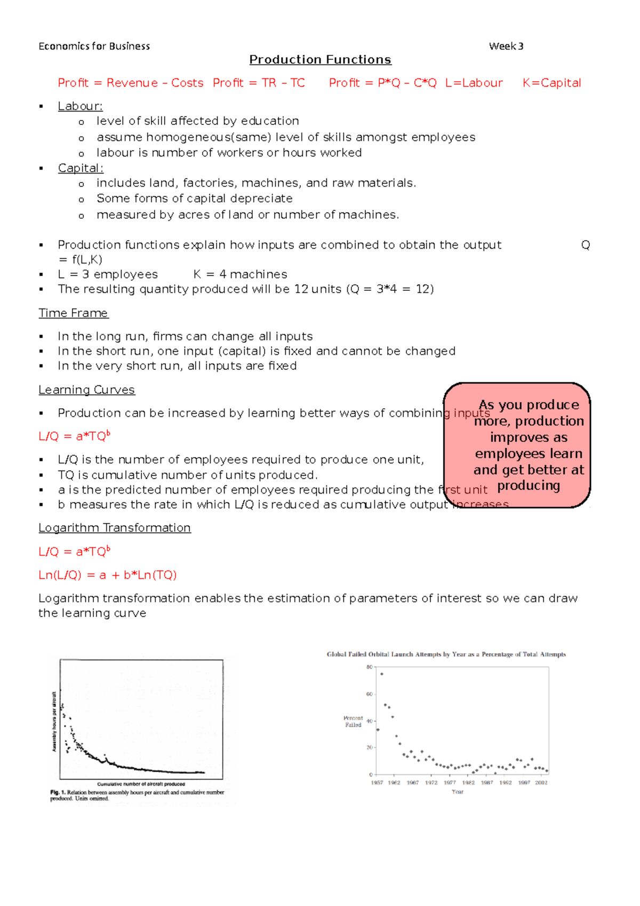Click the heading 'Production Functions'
pos(320,60)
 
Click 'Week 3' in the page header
pos(506,46)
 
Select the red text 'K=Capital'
pos(551,83)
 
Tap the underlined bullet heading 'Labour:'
pos(80,106)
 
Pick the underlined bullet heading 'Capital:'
pos(81,168)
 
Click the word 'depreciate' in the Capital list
pos(265,198)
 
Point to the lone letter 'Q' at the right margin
pos(585,245)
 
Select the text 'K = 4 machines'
pos(240,274)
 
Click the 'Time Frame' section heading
pos(73,313)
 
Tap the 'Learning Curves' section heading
pos(86,390)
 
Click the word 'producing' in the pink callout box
pos(528,486)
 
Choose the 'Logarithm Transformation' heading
pos(114,528)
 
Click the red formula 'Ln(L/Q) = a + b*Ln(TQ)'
pos(107,575)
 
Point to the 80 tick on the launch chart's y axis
pos(369,667)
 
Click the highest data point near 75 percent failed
pos(381,674)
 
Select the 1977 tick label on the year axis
pos(450,783)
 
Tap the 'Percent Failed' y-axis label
pos(353,721)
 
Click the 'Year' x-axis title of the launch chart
pos(457,792)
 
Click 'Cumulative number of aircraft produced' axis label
pos(141,784)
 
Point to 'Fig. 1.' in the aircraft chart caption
pos(58,792)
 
